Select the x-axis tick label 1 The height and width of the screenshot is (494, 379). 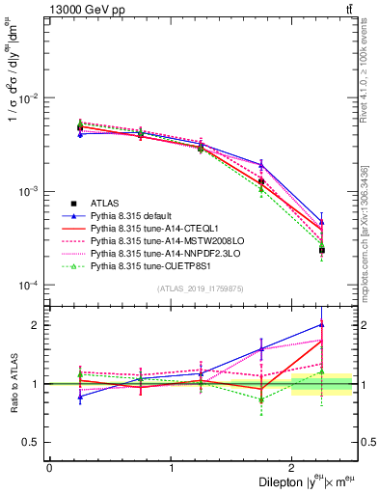click(171, 468)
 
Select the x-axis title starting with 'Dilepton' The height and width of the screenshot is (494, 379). click(299, 483)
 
